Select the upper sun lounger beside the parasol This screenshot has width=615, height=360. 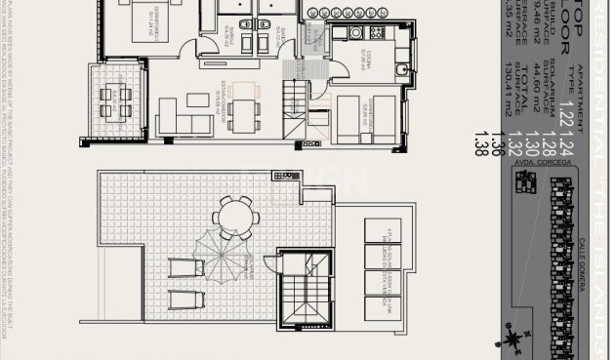184,266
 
